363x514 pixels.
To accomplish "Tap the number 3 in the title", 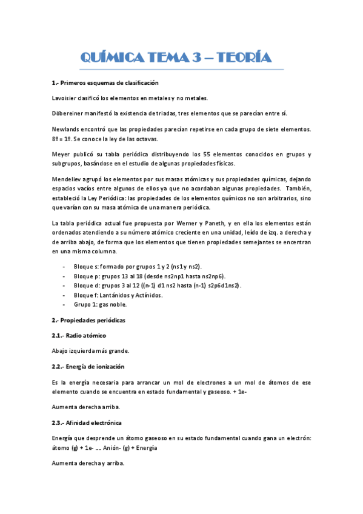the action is [197, 58].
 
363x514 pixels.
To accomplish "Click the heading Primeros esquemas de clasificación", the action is [109, 82].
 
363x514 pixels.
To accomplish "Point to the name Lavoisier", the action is [65, 98].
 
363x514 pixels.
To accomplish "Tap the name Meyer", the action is [61, 154].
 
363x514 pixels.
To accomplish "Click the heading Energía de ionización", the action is [93, 366].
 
